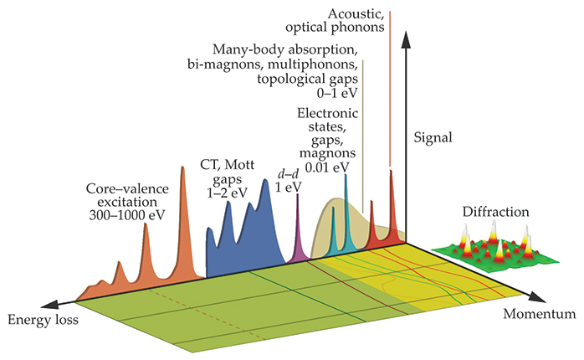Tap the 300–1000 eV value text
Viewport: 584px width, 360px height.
coord(126,214)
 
